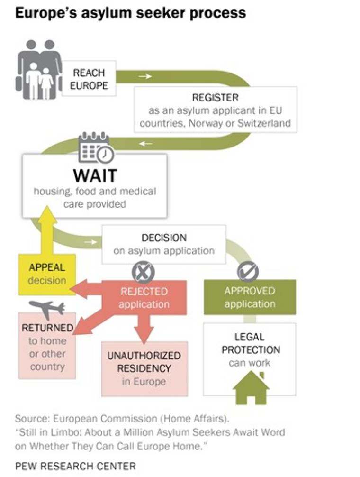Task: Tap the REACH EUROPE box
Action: pyautogui.click(x=89, y=79)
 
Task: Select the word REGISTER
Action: pyautogui.click(x=215, y=98)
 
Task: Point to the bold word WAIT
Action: pyautogui.click(x=95, y=175)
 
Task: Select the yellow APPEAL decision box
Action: pyautogui.click(x=46, y=274)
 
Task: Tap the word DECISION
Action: pyautogui.click(x=164, y=238)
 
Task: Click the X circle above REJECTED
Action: pyautogui.click(x=143, y=272)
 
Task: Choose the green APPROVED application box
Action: pyautogui.click(x=250, y=297)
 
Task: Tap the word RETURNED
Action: pyautogui.click(x=47, y=328)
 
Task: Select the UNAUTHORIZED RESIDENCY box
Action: pyautogui.click(x=144, y=368)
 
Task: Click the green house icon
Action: pyautogui.click(x=251, y=387)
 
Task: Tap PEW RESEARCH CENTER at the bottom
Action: pyautogui.click(x=75, y=466)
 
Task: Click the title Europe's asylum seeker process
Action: pyautogui.click(x=130, y=13)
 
